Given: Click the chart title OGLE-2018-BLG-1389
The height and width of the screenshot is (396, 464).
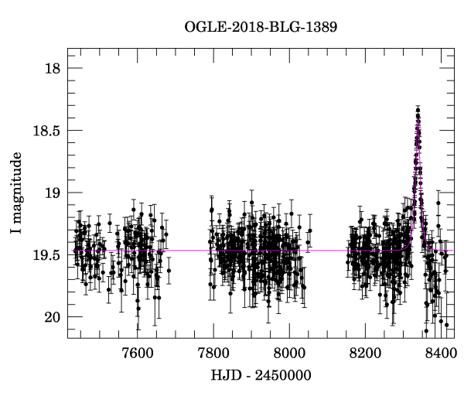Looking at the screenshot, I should pyautogui.click(x=261, y=27).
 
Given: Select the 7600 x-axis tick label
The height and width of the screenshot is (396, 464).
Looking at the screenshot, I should pyautogui.click(x=136, y=353).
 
